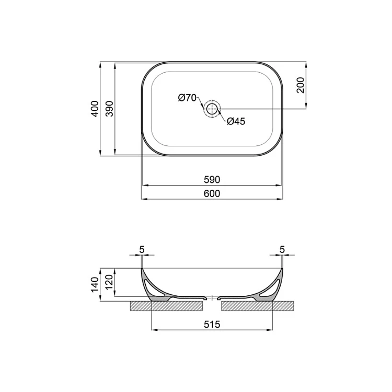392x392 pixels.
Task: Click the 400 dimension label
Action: [x=95, y=109]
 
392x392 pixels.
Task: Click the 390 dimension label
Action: [x=110, y=109]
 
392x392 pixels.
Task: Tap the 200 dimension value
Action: [x=301, y=85]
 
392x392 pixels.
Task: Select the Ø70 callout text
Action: [x=187, y=98]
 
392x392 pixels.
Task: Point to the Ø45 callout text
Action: [x=236, y=121]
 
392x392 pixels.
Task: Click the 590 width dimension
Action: [x=212, y=179]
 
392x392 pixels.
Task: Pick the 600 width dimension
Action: [x=212, y=193]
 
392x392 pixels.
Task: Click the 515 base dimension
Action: [x=212, y=324]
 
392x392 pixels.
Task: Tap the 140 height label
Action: [x=95, y=285]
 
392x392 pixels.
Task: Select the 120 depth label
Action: [x=110, y=283]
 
